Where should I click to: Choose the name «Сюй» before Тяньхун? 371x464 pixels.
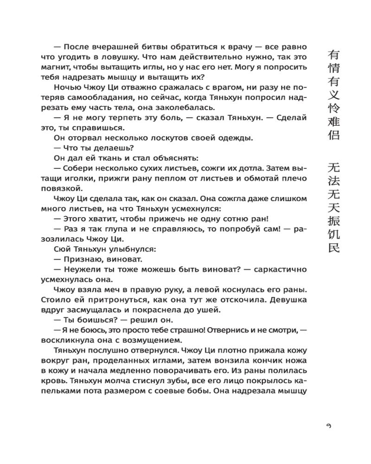[x=63, y=250]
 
